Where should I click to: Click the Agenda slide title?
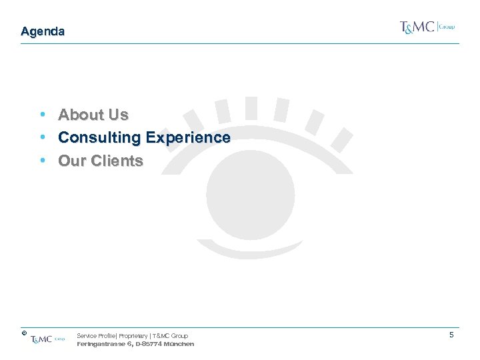tap(43, 31)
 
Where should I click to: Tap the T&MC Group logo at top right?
tap(427, 27)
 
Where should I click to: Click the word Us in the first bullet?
tap(119, 115)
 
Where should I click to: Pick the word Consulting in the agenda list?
tap(99, 138)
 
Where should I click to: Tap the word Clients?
tap(117, 161)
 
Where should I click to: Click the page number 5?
tap(451, 335)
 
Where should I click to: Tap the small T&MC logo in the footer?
tap(47, 339)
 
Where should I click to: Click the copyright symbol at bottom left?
tap(23, 332)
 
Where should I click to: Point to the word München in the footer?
tap(178, 344)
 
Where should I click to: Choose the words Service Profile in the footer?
tap(96, 336)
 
